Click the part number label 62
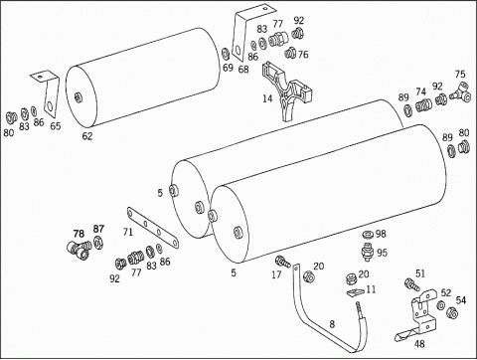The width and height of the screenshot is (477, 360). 87,136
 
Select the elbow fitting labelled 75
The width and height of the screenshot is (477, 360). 460,92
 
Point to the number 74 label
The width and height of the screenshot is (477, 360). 420,91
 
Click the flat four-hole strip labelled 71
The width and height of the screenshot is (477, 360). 153,227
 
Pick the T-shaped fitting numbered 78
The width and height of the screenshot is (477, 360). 79,249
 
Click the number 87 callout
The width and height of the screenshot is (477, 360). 98,229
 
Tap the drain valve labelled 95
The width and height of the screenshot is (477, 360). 368,252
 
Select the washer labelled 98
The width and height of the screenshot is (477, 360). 368,235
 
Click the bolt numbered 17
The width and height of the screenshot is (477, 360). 283,261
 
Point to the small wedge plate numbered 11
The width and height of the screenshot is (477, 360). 355,291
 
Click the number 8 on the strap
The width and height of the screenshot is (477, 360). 332,324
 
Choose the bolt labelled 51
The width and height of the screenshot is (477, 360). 411,284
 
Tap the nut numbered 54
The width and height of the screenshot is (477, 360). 452,312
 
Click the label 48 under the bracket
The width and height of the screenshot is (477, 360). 419,344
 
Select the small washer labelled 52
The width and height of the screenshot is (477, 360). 441,304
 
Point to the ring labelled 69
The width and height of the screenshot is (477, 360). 226,54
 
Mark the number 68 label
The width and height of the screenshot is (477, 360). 243,69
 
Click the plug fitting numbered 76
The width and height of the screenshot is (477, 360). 290,53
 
